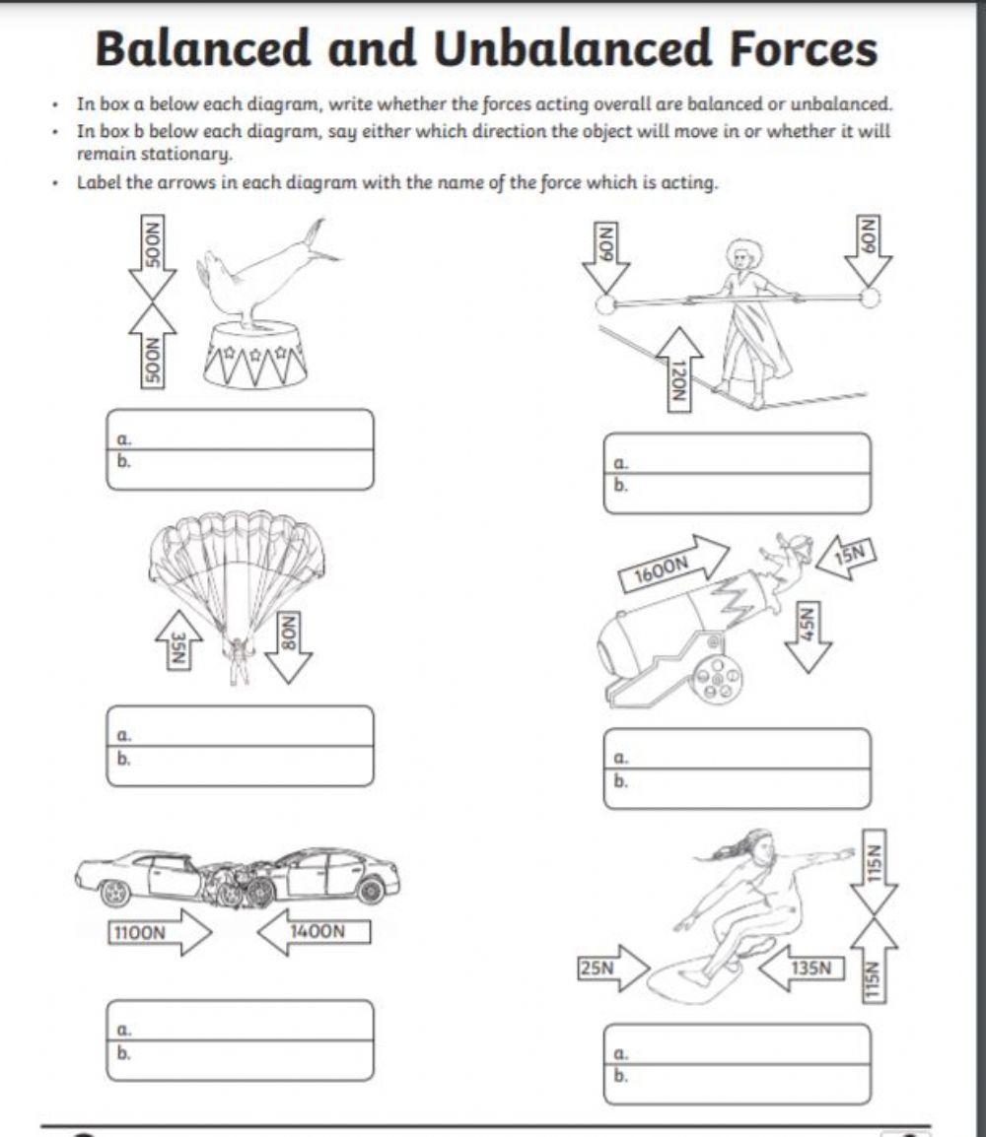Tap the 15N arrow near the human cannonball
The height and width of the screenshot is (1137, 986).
[x=845, y=555]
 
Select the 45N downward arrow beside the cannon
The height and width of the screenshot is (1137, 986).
[x=809, y=635]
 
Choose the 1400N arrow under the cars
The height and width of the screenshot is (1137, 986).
[x=314, y=932]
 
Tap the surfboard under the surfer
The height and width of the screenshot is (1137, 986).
[x=706, y=975]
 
